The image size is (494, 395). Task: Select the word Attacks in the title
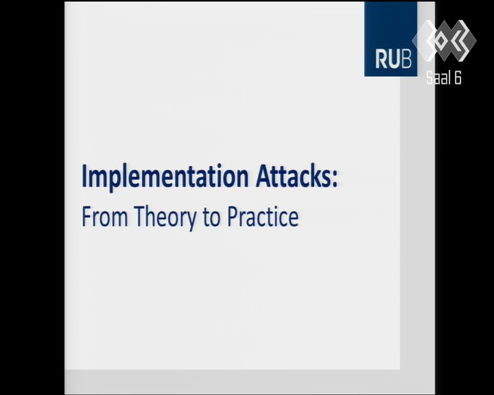click(x=293, y=176)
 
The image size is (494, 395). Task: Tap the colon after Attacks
click(x=334, y=180)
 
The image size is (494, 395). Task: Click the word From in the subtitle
click(x=104, y=217)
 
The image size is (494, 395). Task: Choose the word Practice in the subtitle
click(x=263, y=217)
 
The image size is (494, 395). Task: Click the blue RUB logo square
click(x=390, y=38)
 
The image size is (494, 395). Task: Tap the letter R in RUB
click(x=381, y=59)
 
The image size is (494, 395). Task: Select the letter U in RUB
click(x=394, y=59)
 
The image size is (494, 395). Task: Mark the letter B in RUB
click(x=406, y=59)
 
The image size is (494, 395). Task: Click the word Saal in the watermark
click(x=438, y=77)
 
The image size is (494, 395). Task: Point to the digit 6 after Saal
click(x=458, y=77)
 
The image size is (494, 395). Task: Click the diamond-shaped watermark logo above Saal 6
click(x=444, y=40)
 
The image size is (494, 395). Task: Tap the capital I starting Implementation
click(x=84, y=176)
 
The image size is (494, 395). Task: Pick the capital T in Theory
click(x=140, y=217)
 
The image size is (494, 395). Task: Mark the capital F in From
click(x=86, y=217)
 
